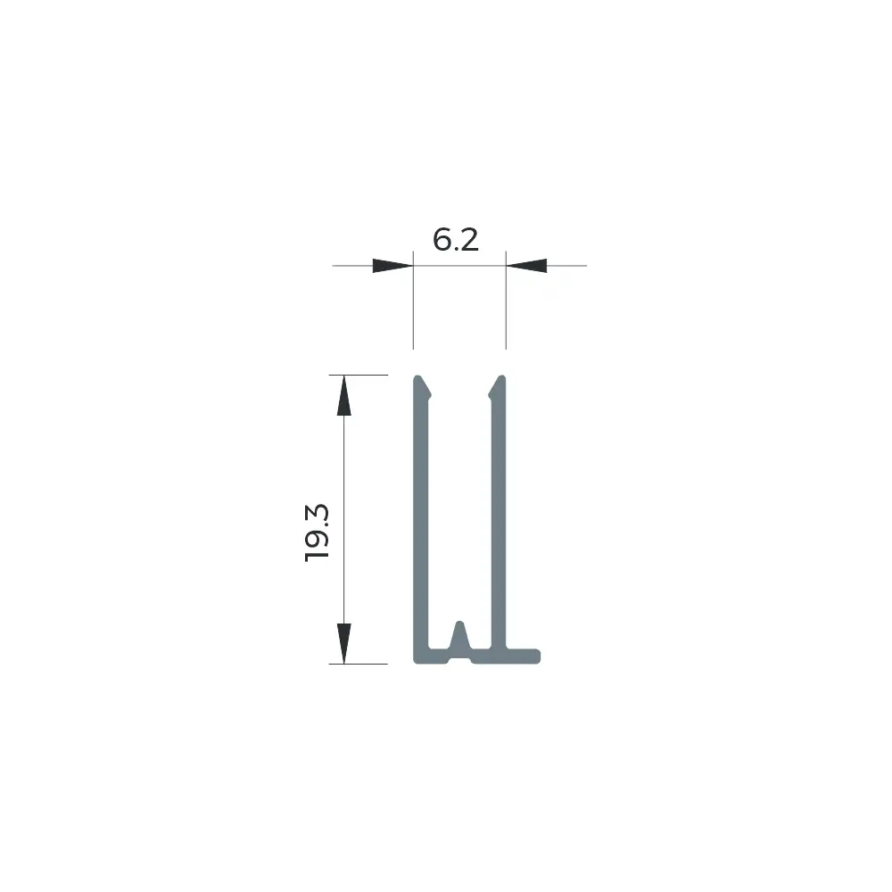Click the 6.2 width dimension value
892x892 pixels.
456,239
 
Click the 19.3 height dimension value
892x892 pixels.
317,533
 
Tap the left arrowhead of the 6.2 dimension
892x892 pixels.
392,266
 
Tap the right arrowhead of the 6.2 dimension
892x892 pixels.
526,266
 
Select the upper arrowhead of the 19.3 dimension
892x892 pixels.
343,395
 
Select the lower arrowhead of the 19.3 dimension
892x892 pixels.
343,643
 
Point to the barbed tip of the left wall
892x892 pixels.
422,386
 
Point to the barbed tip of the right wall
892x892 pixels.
497,386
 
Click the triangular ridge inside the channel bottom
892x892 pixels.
459,635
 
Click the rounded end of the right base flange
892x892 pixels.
537,656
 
